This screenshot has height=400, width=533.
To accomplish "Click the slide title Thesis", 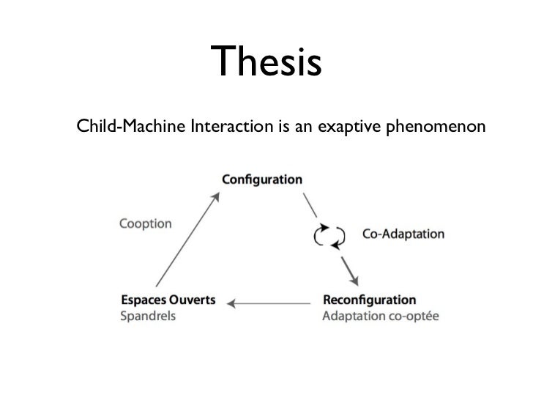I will tap(266, 62).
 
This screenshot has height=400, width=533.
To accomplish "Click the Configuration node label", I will tap(261, 179).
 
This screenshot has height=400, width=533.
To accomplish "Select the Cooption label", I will tap(146, 223).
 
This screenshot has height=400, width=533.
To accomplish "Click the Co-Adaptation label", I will tap(403, 234).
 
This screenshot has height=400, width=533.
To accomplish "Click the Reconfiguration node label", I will tap(369, 300).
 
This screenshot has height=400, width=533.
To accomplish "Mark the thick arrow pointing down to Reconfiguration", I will tap(349, 272).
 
